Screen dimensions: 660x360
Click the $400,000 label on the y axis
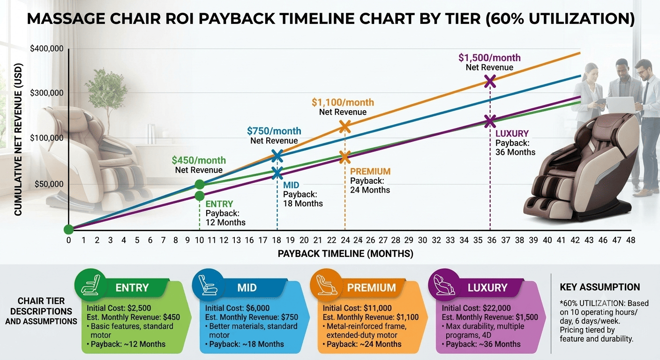(x=46, y=49)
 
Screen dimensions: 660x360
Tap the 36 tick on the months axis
(x=491, y=240)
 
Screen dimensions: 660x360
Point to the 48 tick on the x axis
(x=630, y=240)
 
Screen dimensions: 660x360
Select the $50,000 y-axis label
(x=49, y=184)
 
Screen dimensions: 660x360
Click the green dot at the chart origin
(x=68, y=229)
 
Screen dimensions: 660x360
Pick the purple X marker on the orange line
(x=490, y=81)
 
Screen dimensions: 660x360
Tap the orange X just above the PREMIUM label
(x=345, y=157)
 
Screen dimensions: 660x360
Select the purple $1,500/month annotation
(x=489, y=58)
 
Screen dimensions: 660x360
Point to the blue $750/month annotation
(x=274, y=131)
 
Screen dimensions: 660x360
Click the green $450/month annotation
(x=199, y=160)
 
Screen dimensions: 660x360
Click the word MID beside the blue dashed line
(x=291, y=185)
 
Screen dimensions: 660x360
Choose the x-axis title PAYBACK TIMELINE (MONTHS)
(x=345, y=254)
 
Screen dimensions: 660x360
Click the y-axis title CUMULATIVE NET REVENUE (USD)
(x=18, y=140)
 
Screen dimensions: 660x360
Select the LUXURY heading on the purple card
(x=487, y=287)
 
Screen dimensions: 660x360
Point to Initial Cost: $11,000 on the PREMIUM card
(x=357, y=308)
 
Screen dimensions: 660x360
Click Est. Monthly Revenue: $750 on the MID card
(x=252, y=317)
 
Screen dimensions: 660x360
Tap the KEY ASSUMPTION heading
(x=600, y=287)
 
